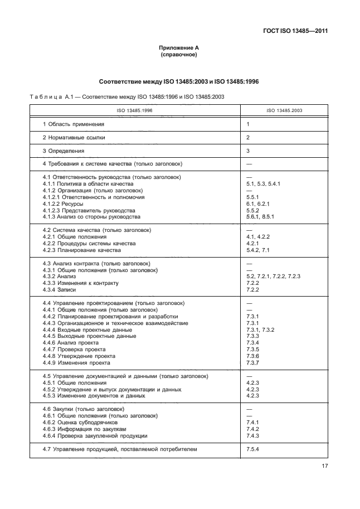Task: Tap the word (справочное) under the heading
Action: tap(179, 55)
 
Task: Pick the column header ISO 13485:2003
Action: tap(283, 111)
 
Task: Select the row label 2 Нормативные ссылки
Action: tap(74, 137)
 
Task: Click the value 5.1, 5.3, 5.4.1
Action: tap(264, 184)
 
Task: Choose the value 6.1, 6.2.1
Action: tap(258, 204)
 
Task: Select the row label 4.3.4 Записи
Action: tap(59, 290)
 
